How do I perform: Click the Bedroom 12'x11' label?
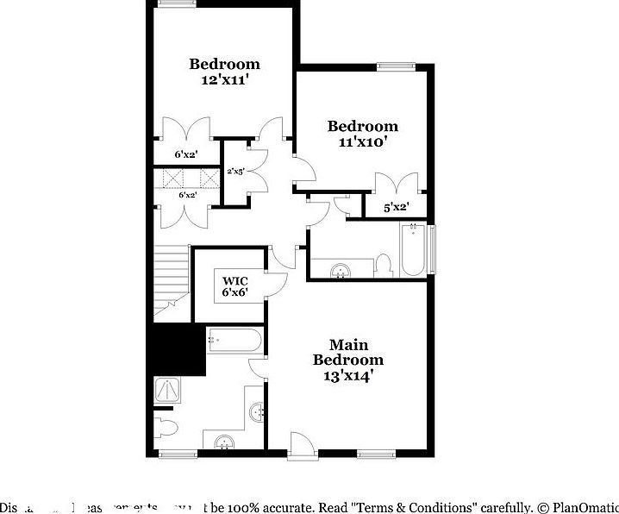point(224,71)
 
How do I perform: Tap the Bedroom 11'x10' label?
point(362,134)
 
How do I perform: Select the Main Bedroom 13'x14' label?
point(347,360)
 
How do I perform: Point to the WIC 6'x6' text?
point(235,286)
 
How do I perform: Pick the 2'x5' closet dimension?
point(235,172)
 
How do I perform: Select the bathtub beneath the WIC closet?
point(234,341)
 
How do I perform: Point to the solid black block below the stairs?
point(178,348)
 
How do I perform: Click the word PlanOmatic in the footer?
point(586,507)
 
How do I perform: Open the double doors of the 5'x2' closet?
point(396,184)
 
